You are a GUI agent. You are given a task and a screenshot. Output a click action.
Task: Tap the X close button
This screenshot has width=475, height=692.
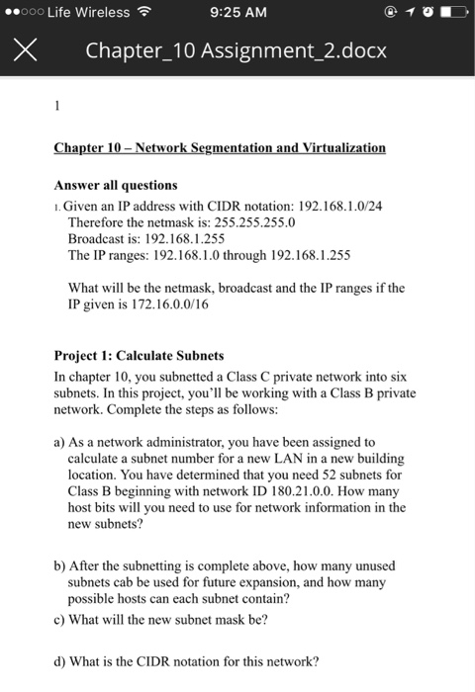click(26, 48)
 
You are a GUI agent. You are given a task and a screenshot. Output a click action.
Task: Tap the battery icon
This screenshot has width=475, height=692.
click(450, 13)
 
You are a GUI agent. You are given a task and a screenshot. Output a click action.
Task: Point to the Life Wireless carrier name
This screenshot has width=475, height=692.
click(88, 13)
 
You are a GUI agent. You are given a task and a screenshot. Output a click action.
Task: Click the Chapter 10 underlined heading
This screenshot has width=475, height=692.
click(220, 147)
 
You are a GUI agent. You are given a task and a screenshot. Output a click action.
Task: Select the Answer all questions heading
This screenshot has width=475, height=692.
click(116, 185)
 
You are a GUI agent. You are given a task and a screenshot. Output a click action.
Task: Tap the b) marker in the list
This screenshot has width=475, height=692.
click(60, 564)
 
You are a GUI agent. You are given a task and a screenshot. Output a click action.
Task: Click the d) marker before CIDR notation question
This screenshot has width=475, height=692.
click(60, 661)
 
